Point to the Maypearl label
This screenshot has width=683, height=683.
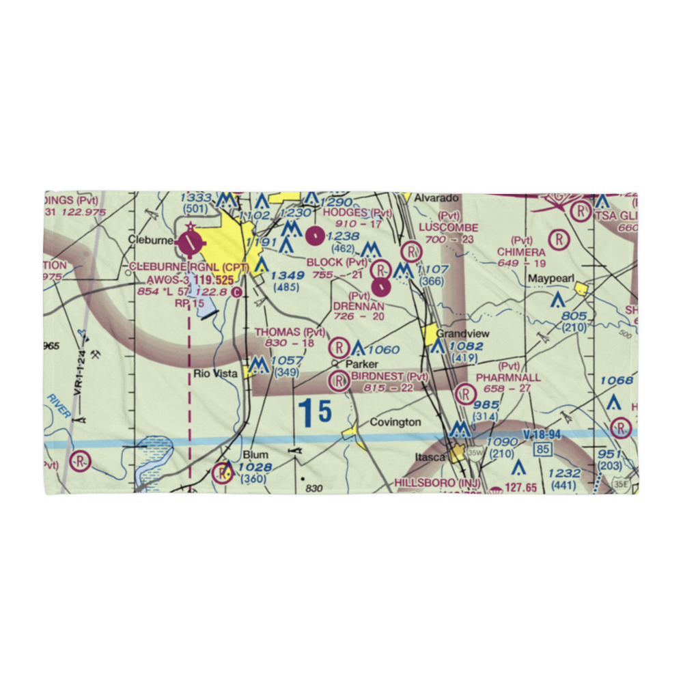coord(550,279)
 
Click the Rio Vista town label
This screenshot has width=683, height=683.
coord(215,374)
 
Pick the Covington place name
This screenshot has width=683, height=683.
coord(395,423)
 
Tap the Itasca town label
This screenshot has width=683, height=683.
coord(431,456)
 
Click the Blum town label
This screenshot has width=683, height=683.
coord(255,454)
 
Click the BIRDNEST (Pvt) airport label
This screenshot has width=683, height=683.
coord(390,376)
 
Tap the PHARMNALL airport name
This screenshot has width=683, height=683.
coord(508,378)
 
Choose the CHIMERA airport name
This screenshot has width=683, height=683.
coord(521,252)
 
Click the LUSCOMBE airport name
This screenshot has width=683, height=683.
coord(449,227)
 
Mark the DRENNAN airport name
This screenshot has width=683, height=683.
coord(359,307)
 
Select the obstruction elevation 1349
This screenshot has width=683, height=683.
coord(287,275)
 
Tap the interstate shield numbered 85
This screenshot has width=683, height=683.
coord(544,449)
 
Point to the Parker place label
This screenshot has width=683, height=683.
coord(361,364)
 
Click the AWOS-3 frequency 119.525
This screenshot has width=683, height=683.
coord(204,280)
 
